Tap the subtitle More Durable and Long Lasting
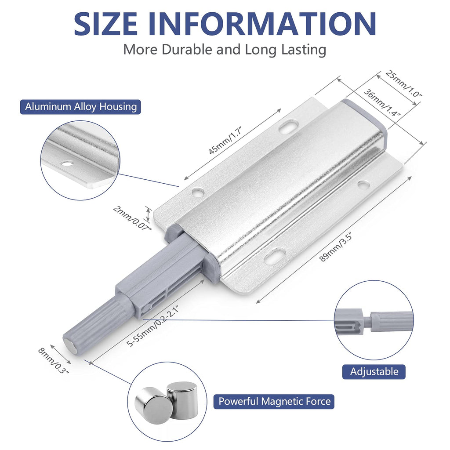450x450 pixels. (x=225, y=49)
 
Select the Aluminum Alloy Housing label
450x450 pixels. (x=80, y=107)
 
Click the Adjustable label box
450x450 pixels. (x=374, y=371)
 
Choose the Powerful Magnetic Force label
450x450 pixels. (x=274, y=401)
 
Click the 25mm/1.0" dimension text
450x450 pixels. (x=403, y=83)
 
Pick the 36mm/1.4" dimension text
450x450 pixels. (x=381, y=102)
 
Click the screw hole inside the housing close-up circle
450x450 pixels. (x=67, y=163)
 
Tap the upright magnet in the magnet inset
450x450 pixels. (x=182, y=399)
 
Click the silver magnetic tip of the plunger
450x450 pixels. (x=70, y=345)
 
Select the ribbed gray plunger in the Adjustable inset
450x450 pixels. (x=391, y=321)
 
